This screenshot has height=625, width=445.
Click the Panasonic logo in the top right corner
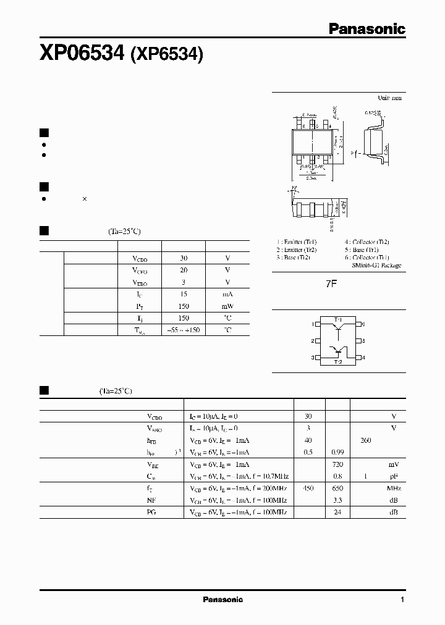pos(367,28)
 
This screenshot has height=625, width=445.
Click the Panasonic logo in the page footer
pos(223,600)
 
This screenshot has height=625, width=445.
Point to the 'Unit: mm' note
pos(389,98)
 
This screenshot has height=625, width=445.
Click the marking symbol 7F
pos(333,285)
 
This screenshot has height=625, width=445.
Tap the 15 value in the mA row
pos(183,295)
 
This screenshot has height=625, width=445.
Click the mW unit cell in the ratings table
pos(227,306)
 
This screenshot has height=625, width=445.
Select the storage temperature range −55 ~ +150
pos(183,330)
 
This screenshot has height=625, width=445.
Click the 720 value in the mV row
pos(337,464)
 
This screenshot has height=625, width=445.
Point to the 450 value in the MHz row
pos(308,488)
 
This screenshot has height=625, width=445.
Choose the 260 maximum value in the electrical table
pos(366,440)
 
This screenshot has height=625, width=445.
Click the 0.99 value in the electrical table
pos(337,452)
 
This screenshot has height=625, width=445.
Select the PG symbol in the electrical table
pos(151,512)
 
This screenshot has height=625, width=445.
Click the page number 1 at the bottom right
pos(402,600)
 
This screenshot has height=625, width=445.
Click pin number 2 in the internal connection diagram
pos(313,341)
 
